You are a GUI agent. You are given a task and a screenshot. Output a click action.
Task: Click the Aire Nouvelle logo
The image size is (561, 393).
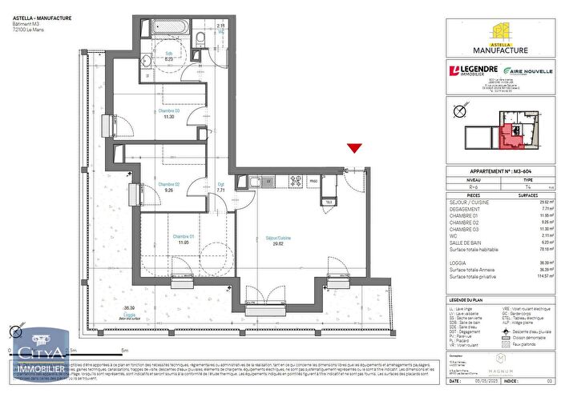527,70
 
